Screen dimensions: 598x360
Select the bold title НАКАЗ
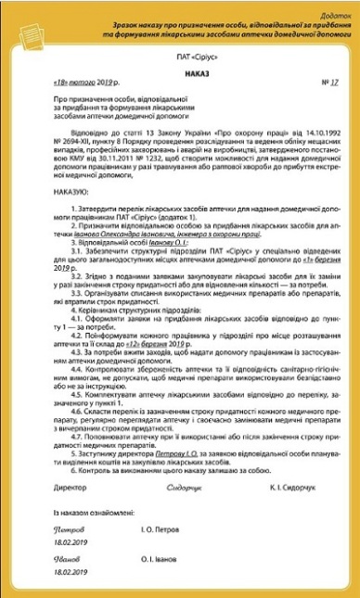point(180,81)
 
